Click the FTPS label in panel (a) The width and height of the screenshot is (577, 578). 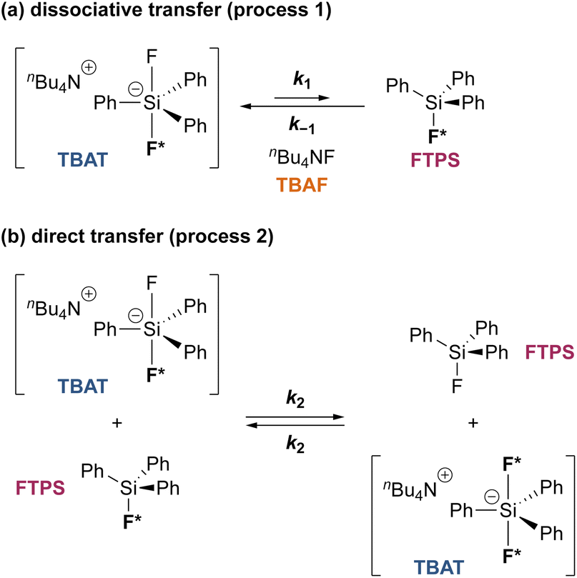pos(434,162)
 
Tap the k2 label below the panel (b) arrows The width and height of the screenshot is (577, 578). pos(295,443)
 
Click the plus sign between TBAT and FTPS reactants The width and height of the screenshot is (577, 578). pos(117,423)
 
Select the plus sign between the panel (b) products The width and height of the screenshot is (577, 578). pos(473,423)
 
